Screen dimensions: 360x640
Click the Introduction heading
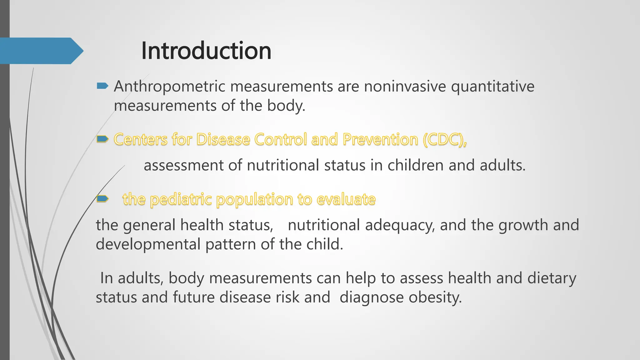[x=206, y=51]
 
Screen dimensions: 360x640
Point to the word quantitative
[x=492, y=87]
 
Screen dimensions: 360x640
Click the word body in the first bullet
[x=286, y=106]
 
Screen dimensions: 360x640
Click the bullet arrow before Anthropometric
[x=102, y=86]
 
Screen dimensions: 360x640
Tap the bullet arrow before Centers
[x=102, y=139]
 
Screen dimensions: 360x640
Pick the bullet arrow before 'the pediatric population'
[x=102, y=198]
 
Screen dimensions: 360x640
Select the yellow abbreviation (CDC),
[x=445, y=139]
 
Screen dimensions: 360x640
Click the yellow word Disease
[x=223, y=139]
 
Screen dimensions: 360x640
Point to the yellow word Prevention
[x=380, y=139]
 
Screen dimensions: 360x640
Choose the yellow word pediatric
[x=181, y=199]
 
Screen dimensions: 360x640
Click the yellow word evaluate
[x=346, y=199]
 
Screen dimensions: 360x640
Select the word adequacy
[x=400, y=225]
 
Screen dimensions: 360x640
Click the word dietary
[x=552, y=278]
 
